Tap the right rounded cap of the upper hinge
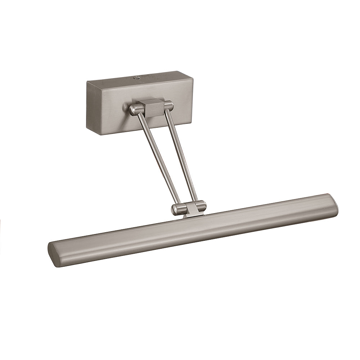point(168,105)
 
